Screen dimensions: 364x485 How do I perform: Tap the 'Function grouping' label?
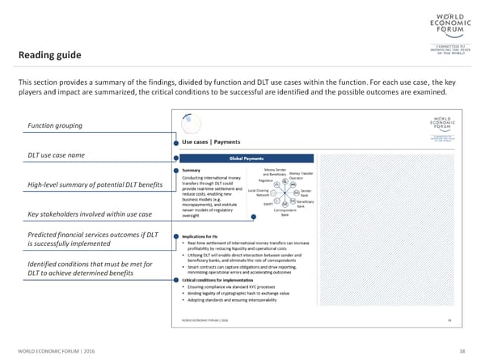click(58, 125)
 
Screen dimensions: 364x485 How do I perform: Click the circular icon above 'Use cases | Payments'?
click(192, 124)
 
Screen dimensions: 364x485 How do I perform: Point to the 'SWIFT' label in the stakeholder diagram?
click(268, 204)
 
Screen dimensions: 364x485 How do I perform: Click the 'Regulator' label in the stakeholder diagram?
click(268, 180)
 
